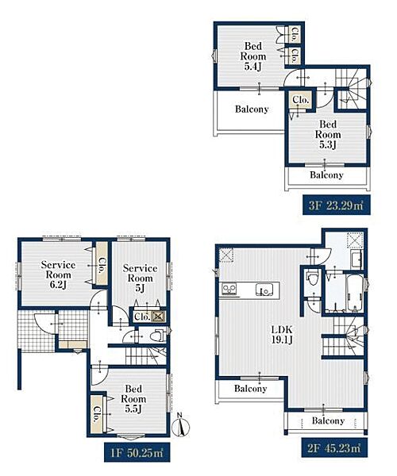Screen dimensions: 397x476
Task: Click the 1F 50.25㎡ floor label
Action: click(x=137, y=452)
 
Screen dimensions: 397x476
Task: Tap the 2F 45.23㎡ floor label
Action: click(x=334, y=447)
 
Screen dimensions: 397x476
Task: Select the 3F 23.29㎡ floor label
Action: click(x=336, y=205)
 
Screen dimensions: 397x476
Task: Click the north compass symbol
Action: click(x=180, y=425)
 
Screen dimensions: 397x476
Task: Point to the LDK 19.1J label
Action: click(x=282, y=335)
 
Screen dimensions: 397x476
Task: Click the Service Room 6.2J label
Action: click(x=58, y=274)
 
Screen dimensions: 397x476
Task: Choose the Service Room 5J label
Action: click(x=140, y=278)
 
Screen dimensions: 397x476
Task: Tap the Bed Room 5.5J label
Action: click(x=133, y=398)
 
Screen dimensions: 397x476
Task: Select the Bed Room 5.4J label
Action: click(x=253, y=56)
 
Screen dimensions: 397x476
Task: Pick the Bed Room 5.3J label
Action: click(x=328, y=134)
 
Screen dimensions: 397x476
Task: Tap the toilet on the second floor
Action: click(x=313, y=278)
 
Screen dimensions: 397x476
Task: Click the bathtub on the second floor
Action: click(x=354, y=293)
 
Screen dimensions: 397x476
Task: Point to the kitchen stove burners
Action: click(x=229, y=290)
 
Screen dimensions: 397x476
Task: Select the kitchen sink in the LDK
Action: click(x=264, y=290)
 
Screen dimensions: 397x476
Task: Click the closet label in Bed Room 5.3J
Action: click(x=300, y=100)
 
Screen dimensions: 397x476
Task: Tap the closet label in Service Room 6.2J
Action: click(x=102, y=266)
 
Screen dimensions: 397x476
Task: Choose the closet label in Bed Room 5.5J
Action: click(x=97, y=415)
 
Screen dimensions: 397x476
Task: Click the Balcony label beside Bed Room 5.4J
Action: click(x=252, y=109)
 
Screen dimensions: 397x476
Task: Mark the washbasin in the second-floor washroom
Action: click(x=357, y=259)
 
